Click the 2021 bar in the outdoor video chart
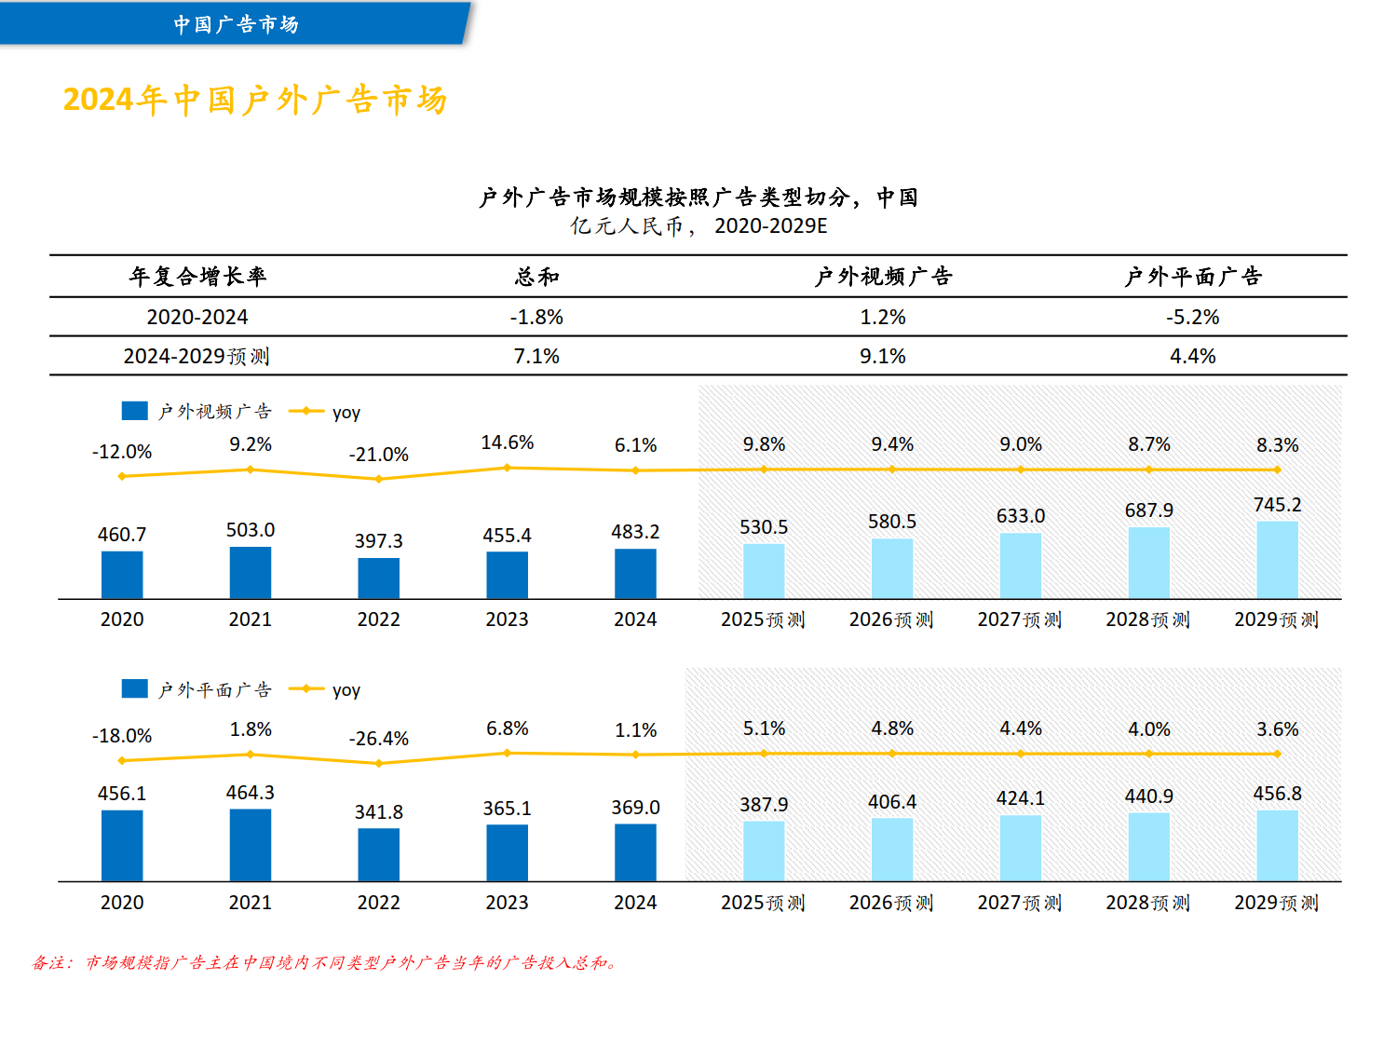pos(251,572)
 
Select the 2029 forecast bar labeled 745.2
pos(1277,559)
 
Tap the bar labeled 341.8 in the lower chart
pos(379,854)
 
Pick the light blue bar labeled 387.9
pos(764,851)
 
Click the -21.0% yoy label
pos(379,455)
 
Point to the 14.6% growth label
pos(508,442)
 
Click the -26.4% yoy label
pos(379,739)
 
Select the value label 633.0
pos(1021,516)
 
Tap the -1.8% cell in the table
pos(536,318)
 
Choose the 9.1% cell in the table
pos(882,357)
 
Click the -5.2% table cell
pos(1192,318)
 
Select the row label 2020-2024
pos(197,318)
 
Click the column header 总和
pos(536,277)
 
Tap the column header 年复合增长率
pos(197,277)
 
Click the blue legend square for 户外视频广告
pos(135,411)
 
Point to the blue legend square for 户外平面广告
pos(135,688)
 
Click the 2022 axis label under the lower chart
pos(379,903)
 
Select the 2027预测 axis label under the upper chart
pos(1020,620)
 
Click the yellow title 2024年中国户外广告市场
pos(255,100)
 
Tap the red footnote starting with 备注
pos(325,962)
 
